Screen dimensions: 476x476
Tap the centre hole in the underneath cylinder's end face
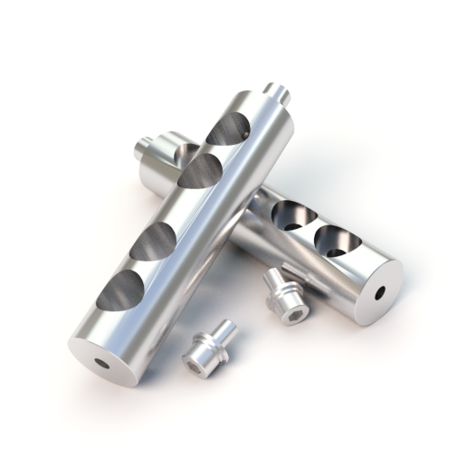pyautogui.click(x=379, y=292)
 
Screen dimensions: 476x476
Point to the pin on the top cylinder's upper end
pyautogui.click(x=278, y=92)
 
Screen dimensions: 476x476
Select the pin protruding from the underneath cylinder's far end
pyautogui.click(x=144, y=148)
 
